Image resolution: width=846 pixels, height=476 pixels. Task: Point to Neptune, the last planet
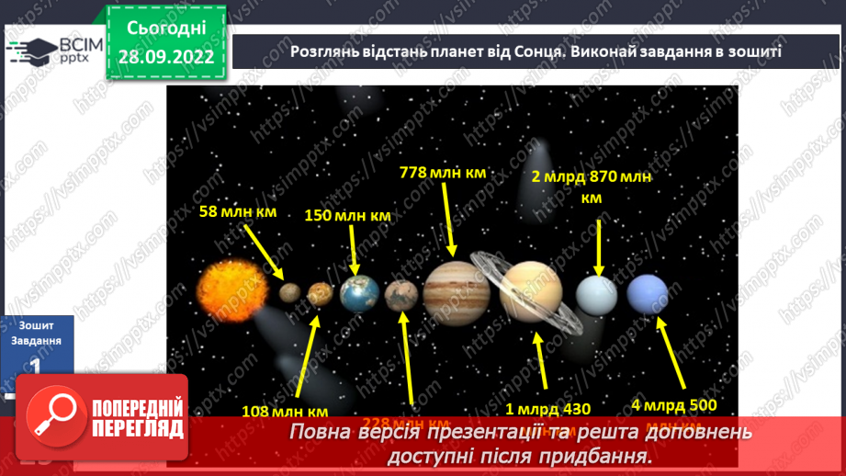pos(648,294)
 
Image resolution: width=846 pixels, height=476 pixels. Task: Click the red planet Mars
pos(402,295)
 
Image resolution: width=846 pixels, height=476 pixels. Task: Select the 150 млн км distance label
pos(347,216)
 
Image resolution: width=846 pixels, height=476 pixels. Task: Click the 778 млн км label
pos(442,172)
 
